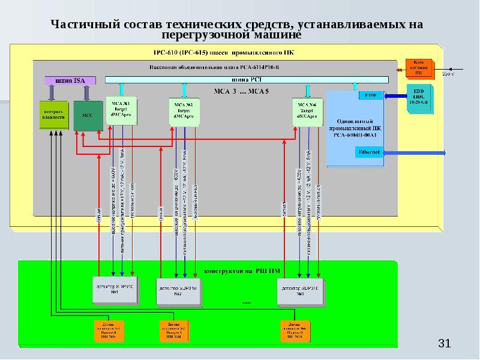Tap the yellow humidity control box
point(53,115)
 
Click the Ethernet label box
point(369,152)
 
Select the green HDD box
point(418,97)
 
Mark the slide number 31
point(444,344)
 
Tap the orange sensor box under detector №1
point(109,330)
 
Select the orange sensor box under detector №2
point(173,330)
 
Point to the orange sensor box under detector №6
point(296,330)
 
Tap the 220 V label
point(448,74)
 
